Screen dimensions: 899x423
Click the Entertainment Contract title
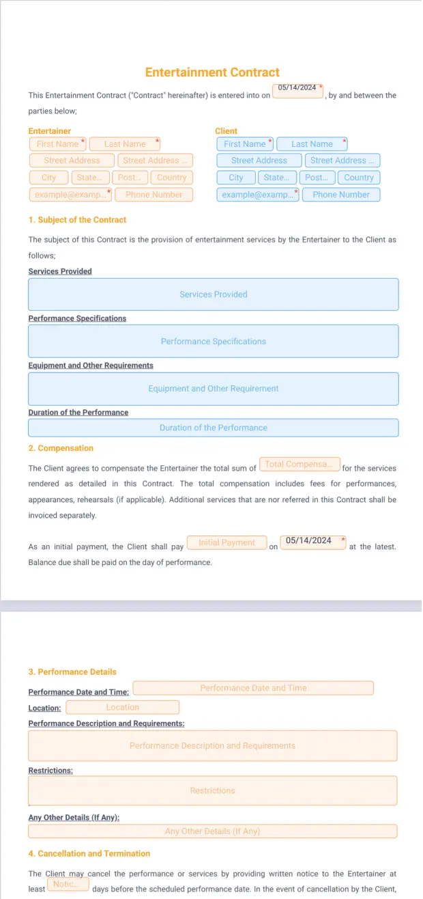click(x=212, y=72)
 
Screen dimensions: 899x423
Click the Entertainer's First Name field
click(x=57, y=144)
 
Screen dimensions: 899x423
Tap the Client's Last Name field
click(x=312, y=144)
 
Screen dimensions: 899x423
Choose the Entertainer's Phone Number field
click(x=154, y=195)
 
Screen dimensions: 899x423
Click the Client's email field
click(x=258, y=195)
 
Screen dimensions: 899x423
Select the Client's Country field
click(x=359, y=178)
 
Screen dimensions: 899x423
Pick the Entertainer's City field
click(x=48, y=178)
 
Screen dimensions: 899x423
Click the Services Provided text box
click(x=213, y=294)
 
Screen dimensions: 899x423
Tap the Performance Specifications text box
click(x=213, y=342)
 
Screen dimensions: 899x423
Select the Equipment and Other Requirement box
click(x=213, y=389)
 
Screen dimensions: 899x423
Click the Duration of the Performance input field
click(x=213, y=428)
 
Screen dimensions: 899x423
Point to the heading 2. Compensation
click(x=61, y=448)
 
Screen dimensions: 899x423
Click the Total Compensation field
click(x=300, y=465)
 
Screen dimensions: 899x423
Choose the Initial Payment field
click(x=227, y=543)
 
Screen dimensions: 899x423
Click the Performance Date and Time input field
click(x=253, y=688)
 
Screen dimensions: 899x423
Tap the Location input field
click(x=123, y=708)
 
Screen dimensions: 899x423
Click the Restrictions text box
click(x=212, y=791)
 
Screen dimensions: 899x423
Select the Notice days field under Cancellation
click(x=68, y=885)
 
